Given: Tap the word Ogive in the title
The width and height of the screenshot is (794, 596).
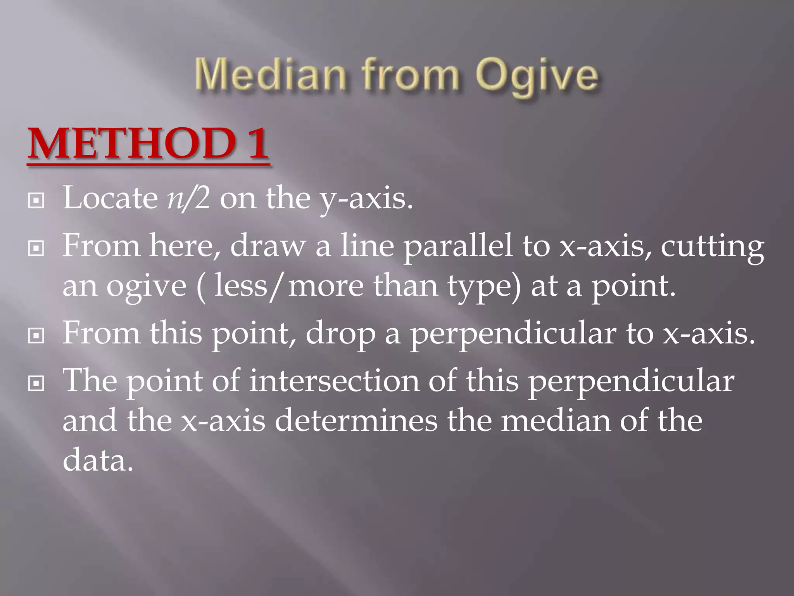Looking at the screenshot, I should click(537, 76).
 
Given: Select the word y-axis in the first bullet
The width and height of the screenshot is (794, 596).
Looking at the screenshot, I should click(366, 200).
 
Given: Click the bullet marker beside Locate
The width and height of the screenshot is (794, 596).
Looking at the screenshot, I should click(36, 201).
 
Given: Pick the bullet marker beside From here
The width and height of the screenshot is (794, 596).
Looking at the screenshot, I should click(36, 249).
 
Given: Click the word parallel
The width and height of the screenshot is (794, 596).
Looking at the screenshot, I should click(457, 247).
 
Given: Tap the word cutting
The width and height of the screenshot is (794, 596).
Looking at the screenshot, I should click(712, 247).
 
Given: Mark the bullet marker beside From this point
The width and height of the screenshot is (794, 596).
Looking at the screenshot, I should click(36, 336).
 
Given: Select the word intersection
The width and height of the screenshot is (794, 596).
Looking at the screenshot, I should click(334, 381).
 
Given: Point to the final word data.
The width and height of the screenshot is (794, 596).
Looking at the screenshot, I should click(98, 461).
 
